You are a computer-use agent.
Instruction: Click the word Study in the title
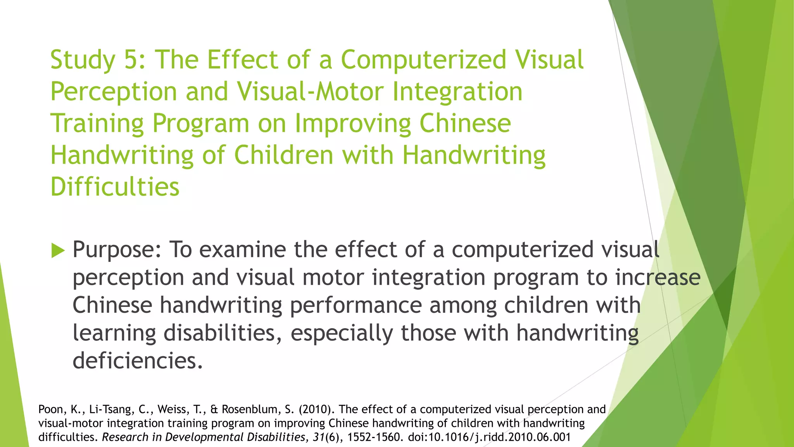(83, 61)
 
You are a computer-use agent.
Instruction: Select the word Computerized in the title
(423, 61)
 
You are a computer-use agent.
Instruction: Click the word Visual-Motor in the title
(310, 92)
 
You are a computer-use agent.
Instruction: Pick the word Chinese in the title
(465, 123)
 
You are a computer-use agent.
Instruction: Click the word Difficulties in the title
(115, 187)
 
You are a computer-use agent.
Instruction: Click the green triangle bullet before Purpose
(58, 250)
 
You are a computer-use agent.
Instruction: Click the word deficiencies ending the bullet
(138, 361)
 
